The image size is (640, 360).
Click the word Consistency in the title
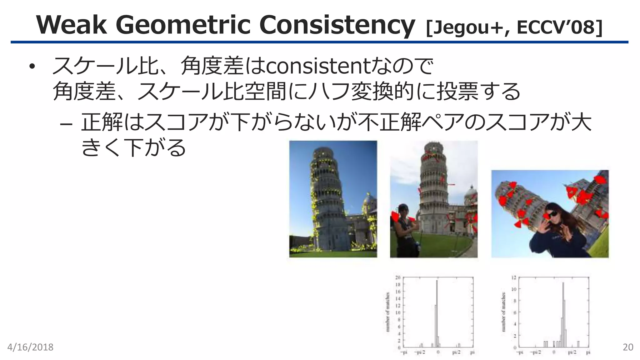pyautogui.click(x=337, y=25)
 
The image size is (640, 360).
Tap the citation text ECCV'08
pyautogui.click(x=559, y=27)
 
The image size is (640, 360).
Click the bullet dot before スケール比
pyautogui.click(x=32, y=67)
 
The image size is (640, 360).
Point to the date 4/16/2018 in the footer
pyautogui.click(x=30, y=347)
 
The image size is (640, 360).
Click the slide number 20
pyautogui.click(x=628, y=347)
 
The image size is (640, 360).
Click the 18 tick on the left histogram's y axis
pyautogui.click(x=398, y=285)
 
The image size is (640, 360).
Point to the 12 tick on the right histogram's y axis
pyautogui.click(x=514, y=277)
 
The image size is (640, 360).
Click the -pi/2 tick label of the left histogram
pyautogui.click(x=420, y=352)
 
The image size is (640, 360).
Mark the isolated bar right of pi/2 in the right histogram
pyautogui.click(x=578, y=344)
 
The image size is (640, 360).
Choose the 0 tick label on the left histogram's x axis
pyautogui.click(x=438, y=352)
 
